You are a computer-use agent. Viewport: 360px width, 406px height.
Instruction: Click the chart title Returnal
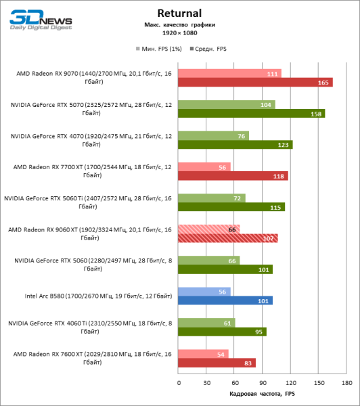coord(180,13)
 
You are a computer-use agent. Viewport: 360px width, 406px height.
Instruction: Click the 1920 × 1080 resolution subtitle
coord(179,32)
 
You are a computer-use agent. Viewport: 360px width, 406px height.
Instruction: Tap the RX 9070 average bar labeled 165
coord(255,83)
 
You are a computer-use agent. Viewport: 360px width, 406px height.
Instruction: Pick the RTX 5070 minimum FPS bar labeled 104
coord(226,104)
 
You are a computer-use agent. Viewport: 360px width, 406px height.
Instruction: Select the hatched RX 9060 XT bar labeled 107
coord(227,238)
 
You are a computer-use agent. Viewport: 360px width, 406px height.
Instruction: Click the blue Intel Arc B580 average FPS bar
coord(225,300)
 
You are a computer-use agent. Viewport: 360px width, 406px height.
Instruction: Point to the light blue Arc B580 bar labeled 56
coord(204,291)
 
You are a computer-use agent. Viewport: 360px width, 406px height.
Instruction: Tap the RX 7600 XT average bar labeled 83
coord(217,363)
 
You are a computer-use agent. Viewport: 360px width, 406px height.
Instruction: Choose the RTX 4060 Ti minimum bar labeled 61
coord(206,322)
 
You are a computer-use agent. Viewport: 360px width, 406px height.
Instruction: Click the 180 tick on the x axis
coord(346,383)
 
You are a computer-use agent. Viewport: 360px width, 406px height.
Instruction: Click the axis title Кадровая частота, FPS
coord(262,394)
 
